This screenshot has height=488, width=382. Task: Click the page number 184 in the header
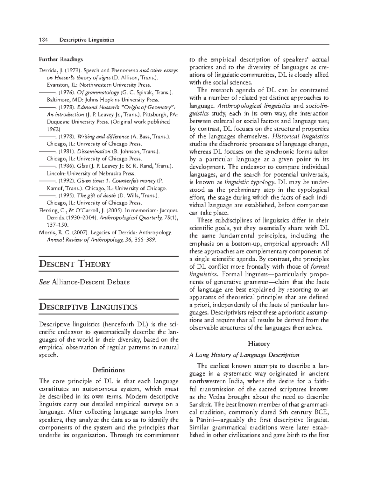(43, 40)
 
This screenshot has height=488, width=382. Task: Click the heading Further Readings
(60, 59)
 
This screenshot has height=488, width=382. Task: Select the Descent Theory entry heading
(74, 264)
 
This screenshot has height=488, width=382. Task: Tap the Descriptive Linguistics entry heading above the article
(88, 307)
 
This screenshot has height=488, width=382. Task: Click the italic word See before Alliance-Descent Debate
(44, 282)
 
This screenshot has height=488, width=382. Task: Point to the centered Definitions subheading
(108, 370)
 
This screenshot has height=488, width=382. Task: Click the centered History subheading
(259, 343)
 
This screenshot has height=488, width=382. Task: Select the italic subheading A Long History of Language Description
(244, 355)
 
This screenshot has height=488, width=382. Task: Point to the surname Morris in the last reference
(46, 232)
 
